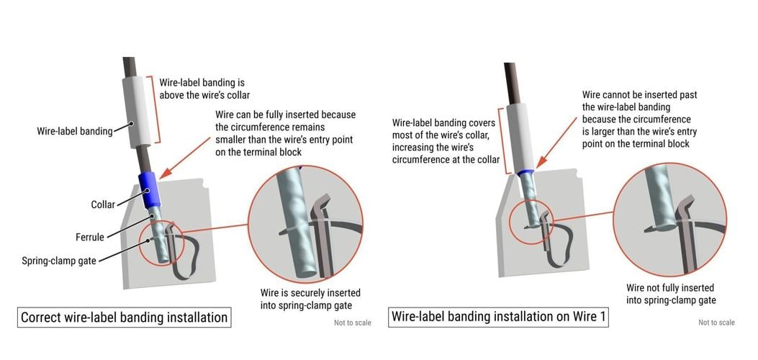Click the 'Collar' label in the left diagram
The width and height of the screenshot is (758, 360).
(x=103, y=204)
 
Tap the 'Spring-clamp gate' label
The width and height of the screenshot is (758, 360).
(x=60, y=259)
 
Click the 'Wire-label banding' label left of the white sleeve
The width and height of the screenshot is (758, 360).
(x=74, y=131)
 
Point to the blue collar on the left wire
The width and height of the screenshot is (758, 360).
(x=148, y=191)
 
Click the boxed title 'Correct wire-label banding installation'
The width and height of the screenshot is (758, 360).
(x=124, y=318)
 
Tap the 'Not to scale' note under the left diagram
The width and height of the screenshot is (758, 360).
(x=352, y=323)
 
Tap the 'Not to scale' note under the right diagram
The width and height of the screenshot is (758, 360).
(x=716, y=323)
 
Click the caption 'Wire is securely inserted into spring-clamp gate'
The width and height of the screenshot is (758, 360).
(x=310, y=300)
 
